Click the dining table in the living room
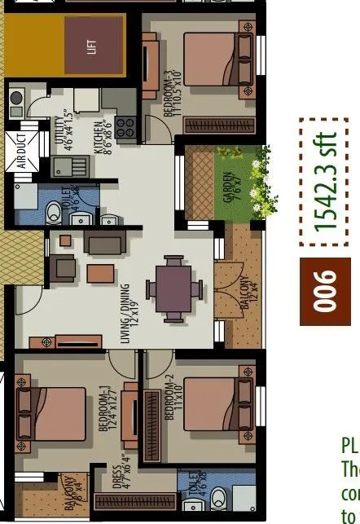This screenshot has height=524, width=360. [x=173, y=289]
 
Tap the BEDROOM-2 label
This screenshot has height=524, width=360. [x=169, y=399]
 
